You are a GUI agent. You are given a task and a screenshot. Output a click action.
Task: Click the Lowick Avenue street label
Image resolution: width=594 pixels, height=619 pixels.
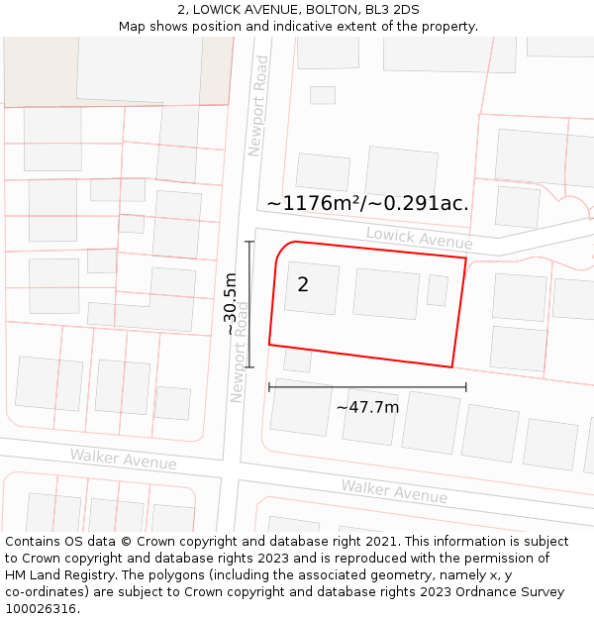(x=419, y=238)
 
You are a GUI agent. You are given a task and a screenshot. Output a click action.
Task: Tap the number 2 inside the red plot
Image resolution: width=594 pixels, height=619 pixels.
(x=303, y=285)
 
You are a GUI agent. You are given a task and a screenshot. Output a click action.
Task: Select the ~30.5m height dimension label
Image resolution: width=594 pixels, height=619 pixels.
(x=232, y=304)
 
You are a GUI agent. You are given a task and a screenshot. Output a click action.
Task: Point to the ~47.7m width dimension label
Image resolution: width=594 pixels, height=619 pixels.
(x=367, y=407)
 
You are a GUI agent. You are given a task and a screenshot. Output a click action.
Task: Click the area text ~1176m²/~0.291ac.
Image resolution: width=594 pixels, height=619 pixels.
(x=367, y=204)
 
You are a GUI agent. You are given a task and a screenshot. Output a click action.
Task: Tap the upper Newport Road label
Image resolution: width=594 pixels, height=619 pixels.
(x=258, y=105)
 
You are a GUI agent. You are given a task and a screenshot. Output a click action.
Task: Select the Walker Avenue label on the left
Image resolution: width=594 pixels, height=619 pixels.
(x=123, y=460)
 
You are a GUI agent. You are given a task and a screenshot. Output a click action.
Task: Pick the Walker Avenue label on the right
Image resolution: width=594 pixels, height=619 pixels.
(x=394, y=490)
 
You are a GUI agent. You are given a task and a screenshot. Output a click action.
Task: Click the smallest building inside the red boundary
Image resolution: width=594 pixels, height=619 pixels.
(x=437, y=290)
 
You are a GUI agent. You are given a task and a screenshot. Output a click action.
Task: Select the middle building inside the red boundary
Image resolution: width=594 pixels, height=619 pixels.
(x=386, y=294)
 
